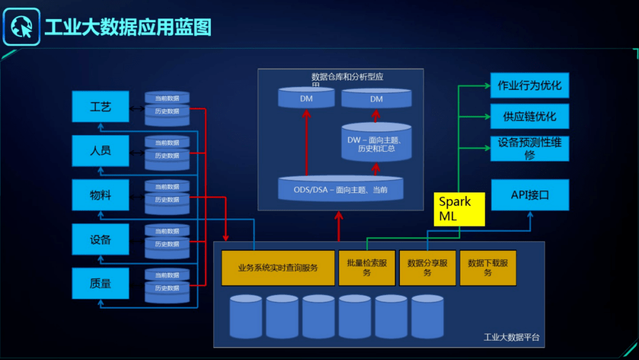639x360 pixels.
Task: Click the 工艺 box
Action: pyautogui.click(x=100, y=107)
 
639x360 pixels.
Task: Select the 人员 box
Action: pyautogui.click(x=100, y=150)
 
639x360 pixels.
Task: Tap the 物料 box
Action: pyautogui.click(x=100, y=195)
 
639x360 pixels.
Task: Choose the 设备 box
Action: pyautogui.click(x=100, y=239)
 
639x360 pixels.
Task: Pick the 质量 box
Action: pyautogui.click(x=100, y=283)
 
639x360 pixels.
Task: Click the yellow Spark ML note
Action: pyautogui.click(x=460, y=209)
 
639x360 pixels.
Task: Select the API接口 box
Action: pyautogui.click(x=530, y=195)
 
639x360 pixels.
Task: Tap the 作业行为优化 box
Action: pyautogui.click(x=530, y=85)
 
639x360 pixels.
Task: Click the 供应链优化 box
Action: pyautogui.click(x=530, y=116)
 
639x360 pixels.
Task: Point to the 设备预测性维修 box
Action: pyautogui.click(x=530, y=149)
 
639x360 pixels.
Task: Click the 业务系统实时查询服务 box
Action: pyautogui.click(x=277, y=268)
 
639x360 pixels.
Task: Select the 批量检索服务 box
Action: pyautogui.click(x=367, y=268)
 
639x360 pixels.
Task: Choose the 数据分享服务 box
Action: pyautogui.click(x=427, y=268)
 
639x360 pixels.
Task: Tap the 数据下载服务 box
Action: pyautogui.click(x=488, y=268)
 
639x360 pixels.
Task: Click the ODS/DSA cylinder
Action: pyautogui.click(x=340, y=189)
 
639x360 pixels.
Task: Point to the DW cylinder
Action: pyautogui.click(x=376, y=144)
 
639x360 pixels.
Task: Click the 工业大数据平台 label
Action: pyautogui.click(x=511, y=337)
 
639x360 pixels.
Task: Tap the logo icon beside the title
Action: pyautogui.click(x=21, y=27)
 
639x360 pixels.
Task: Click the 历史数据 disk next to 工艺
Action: pyautogui.click(x=167, y=111)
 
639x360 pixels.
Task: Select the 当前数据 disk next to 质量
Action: pyautogui.click(x=167, y=275)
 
